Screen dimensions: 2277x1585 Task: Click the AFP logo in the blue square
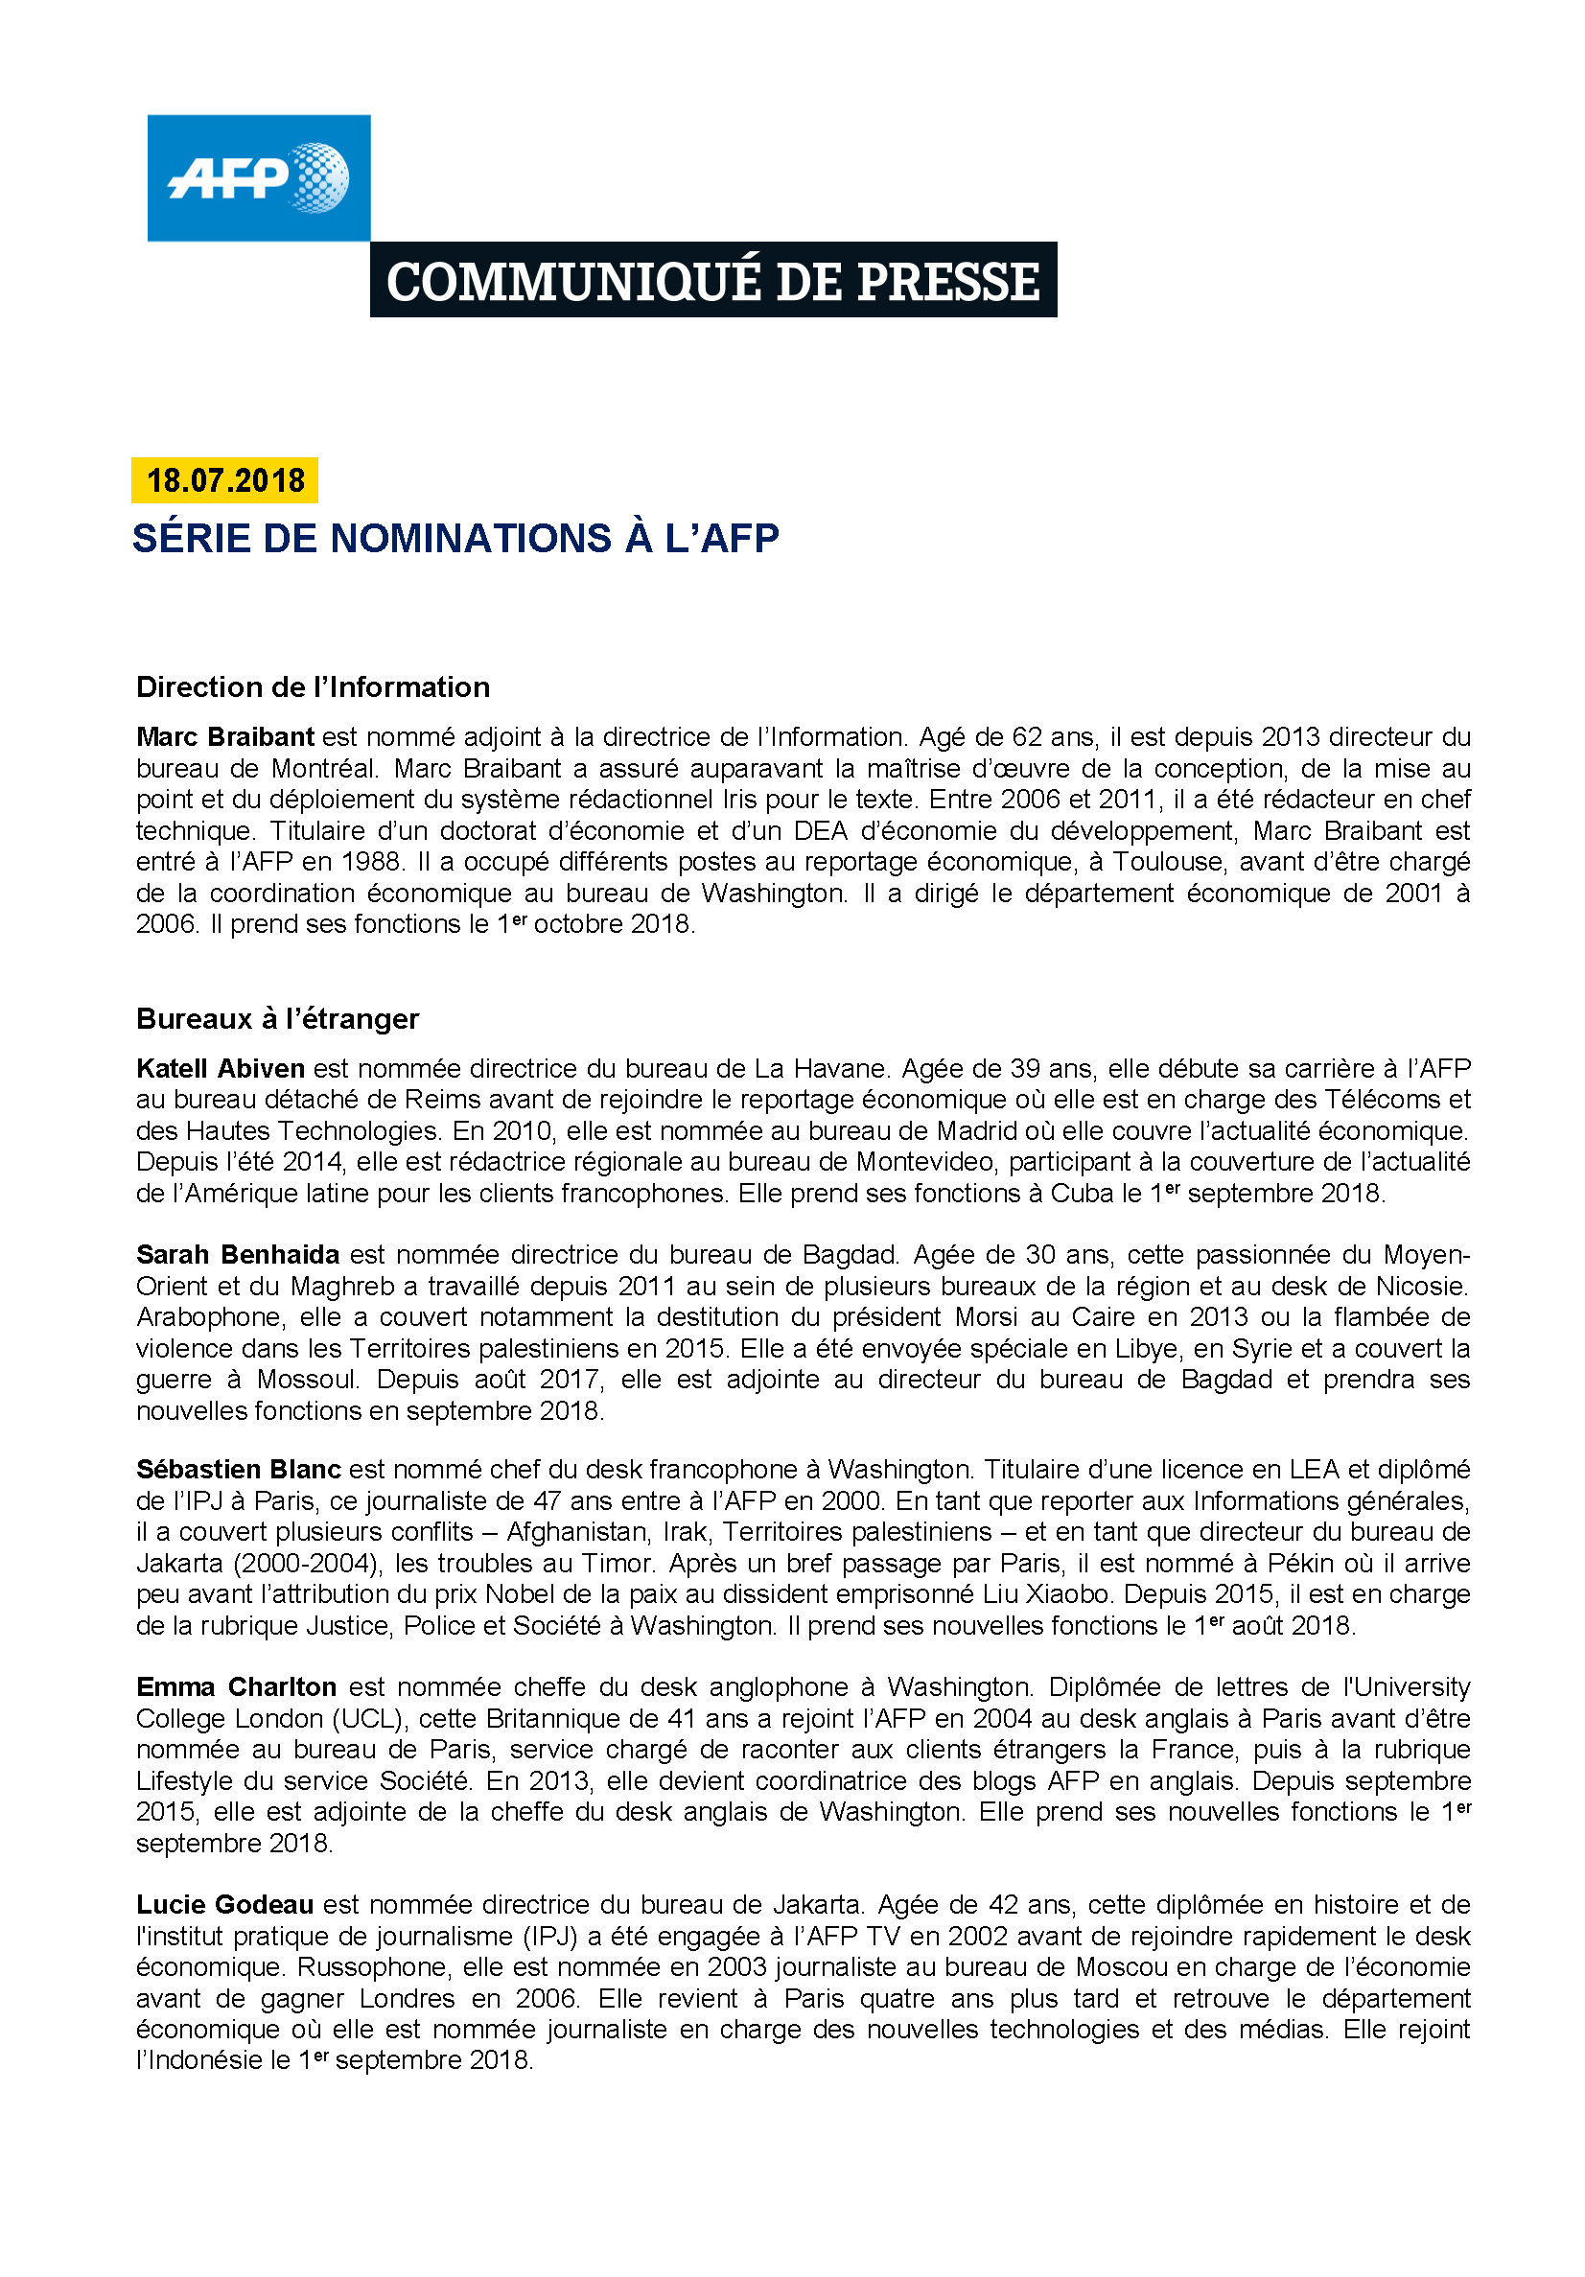click(x=258, y=177)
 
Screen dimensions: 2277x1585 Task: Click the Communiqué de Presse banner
click(x=712, y=281)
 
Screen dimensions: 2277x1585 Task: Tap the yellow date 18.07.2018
click(x=225, y=480)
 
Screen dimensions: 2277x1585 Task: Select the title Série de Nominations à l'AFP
click(x=455, y=539)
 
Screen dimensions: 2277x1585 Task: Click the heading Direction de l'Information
click(x=313, y=686)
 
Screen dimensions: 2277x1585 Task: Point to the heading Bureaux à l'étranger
click(x=278, y=1018)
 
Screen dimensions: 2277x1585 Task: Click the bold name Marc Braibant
click(x=225, y=737)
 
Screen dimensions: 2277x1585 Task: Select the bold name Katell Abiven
click(x=221, y=1068)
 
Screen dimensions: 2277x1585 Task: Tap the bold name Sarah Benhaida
click(x=238, y=1255)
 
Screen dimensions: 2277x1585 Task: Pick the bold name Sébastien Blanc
click(x=238, y=1469)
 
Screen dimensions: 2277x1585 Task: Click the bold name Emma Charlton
click(x=236, y=1687)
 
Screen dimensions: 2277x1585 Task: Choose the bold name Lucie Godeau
click(x=225, y=1904)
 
